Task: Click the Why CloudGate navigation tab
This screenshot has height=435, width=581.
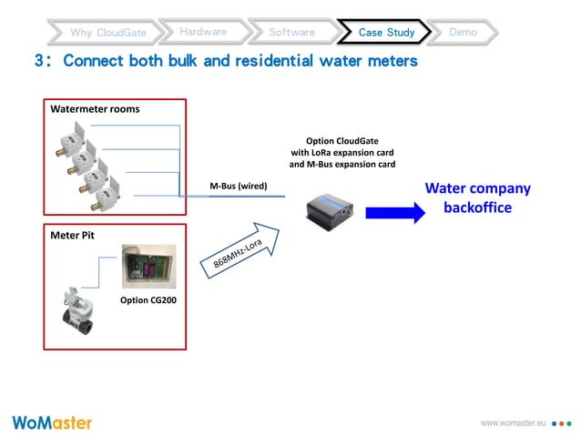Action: tap(108, 33)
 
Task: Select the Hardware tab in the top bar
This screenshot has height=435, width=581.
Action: tap(203, 32)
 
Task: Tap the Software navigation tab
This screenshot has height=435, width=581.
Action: tap(291, 32)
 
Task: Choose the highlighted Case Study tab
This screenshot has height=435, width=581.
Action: tap(386, 32)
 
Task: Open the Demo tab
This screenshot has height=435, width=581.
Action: tap(463, 32)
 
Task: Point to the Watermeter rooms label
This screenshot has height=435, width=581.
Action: tap(95, 109)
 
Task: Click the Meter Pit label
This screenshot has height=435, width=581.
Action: tap(73, 235)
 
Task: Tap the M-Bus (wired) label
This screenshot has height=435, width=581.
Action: tap(238, 186)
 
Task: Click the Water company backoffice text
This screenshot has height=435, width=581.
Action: tap(477, 197)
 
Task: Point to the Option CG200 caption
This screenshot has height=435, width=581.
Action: tap(149, 299)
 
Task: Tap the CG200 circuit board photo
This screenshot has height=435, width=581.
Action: tap(149, 266)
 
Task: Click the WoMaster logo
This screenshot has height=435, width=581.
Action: tap(52, 422)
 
